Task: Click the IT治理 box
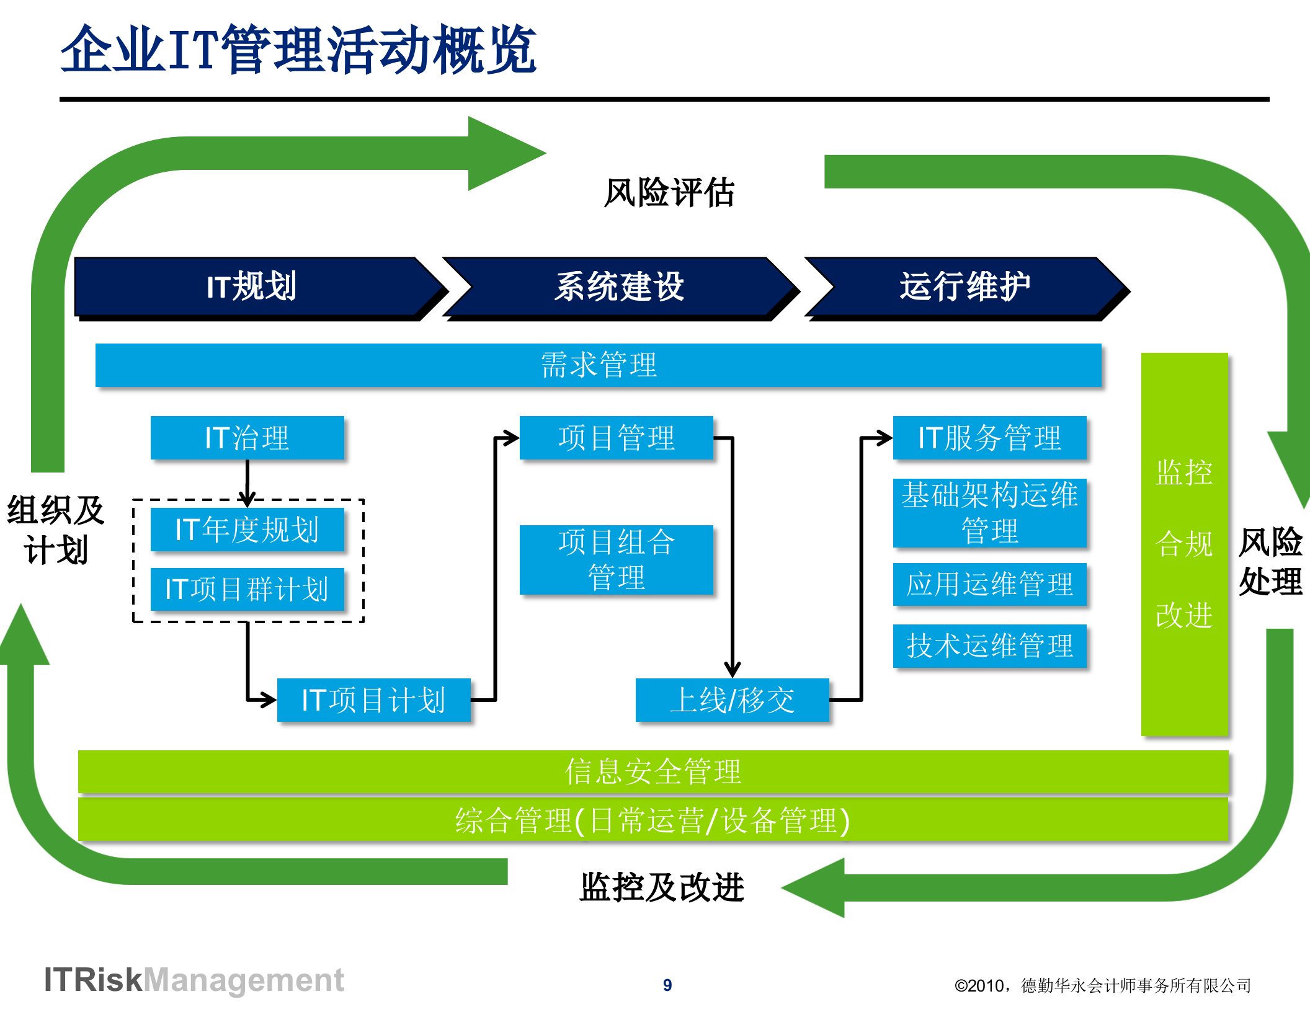[x=247, y=438]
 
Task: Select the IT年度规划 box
[x=247, y=530]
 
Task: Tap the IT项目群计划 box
[x=247, y=589]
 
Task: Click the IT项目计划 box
[x=373, y=700]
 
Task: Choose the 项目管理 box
[x=616, y=438]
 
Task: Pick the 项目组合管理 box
[x=616, y=559]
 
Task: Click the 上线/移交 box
[x=732, y=700]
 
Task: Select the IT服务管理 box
[x=989, y=438]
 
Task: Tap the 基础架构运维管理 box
[x=989, y=513]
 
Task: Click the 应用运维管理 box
[x=989, y=584]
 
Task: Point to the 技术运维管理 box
[x=989, y=646]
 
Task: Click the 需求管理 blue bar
[x=598, y=365]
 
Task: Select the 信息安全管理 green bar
[x=653, y=771]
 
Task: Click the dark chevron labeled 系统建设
[x=619, y=286]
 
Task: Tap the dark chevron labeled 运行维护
[x=965, y=286]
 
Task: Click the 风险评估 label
[x=669, y=192]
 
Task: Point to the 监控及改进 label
[x=661, y=887]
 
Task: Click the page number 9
[x=667, y=985]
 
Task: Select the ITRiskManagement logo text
[x=194, y=980]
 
